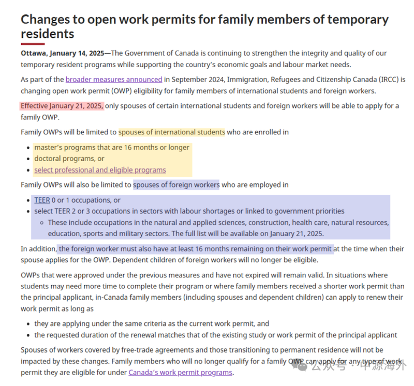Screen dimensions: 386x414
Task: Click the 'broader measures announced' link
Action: click(x=114, y=80)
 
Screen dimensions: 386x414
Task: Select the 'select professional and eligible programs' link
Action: click(x=100, y=170)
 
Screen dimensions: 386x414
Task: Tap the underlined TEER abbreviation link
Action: click(x=42, y=200)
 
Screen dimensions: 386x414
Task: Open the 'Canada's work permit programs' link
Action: click(x=180, y=373)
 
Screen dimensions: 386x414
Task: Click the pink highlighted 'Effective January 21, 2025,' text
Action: click(x=62, y=106)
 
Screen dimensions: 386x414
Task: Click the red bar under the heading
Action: click(x=33, y=44)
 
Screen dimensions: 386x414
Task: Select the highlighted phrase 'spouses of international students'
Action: click(x=172, y=132)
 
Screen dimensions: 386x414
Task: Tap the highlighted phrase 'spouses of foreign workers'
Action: click(x=176, y=185)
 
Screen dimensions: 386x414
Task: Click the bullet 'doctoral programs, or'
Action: click(x=69, y=159)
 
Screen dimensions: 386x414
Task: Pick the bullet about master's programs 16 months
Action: click(x=112, y=147)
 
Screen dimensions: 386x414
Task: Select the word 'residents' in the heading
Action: click(x=48, y=34)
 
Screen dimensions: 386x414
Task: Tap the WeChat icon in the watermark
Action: click(x=300, y=366)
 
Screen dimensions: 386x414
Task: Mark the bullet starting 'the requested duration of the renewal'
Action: click(x=216, y=335)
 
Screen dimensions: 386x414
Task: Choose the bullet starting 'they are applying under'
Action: click(x=152, y=323)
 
